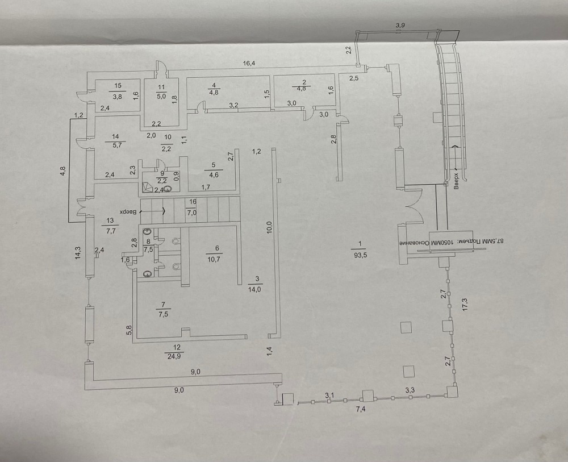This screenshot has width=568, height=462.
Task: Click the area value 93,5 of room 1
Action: pos(361,255)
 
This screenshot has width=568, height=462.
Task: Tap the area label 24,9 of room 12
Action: pos(174,356)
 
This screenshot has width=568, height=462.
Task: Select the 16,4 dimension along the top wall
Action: pos(249,64)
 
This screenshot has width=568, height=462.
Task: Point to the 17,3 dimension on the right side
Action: pos(465,305)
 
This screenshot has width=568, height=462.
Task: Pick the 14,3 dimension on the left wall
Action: pos(78,253)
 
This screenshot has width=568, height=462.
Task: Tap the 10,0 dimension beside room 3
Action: pos(269,228)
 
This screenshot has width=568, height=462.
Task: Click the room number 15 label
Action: pos(118,86)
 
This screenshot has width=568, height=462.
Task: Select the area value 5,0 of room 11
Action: pos(161,97)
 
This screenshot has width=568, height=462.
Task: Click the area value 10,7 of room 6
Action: pos(214,260)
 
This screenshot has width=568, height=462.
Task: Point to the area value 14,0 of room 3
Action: pos(254,289)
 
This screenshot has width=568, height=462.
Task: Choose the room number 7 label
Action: pos(164,305)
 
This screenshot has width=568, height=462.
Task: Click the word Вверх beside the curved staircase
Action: pos(456,181)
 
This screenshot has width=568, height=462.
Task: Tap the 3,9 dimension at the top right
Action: pos(400,26)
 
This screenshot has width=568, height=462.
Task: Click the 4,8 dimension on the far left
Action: pos(62,170)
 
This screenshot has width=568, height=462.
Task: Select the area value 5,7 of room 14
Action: pos(116,145)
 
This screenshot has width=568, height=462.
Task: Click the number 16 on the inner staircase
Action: pos(193,202)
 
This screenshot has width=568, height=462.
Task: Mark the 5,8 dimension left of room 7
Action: pos(130,331)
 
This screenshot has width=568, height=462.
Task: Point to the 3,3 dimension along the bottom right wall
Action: pos(410,390)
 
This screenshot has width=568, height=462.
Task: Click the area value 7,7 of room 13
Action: pos(111,231)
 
